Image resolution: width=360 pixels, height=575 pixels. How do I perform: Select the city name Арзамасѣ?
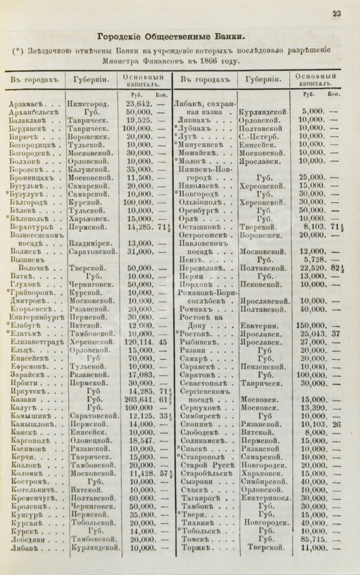pyautogui.click(x=27, y=104)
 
